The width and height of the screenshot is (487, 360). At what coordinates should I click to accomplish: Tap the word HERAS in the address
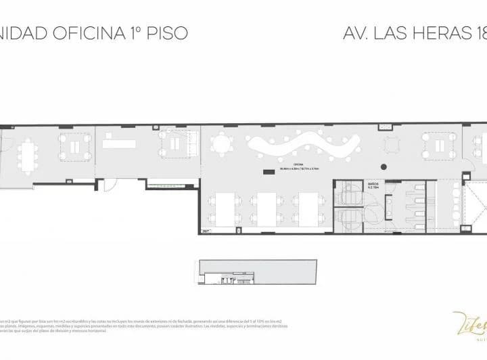coord(425,32)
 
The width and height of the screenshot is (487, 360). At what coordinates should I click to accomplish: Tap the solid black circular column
coord(384,166)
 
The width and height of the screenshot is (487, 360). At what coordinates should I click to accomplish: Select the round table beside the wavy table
coord(221,145)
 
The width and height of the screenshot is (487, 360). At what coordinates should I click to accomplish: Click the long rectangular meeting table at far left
coord(29,154)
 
